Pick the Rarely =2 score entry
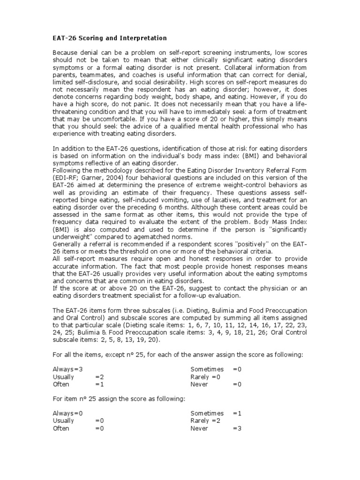click(205, 421)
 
